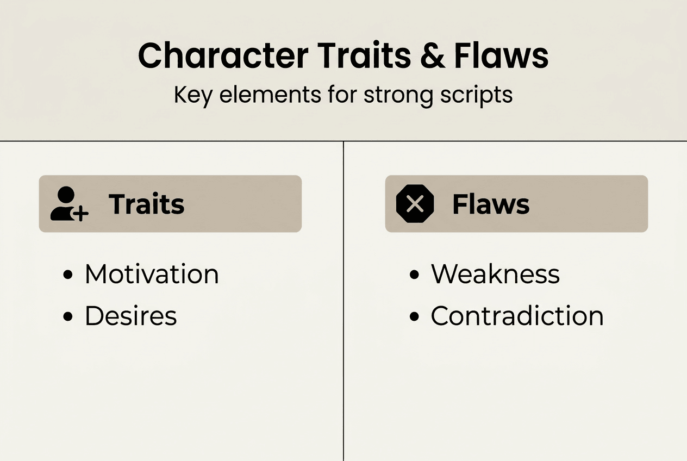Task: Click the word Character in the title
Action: (223, 55)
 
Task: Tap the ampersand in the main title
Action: (432, 55)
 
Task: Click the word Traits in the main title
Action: (365, 55)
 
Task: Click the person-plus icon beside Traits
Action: (68, 204)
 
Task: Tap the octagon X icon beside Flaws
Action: (415, 204)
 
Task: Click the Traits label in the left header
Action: (147, 204)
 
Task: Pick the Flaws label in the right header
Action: (491, 204)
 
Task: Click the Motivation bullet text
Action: (152, 274)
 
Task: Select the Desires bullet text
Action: (131, 316)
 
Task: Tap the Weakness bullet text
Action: (495, 274)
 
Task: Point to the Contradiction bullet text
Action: (517, 316)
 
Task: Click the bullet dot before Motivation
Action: (68, 275)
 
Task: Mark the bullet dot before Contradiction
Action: (414, 317)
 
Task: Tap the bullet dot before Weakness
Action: (414, 275)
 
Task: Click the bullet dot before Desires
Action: (68, 317)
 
